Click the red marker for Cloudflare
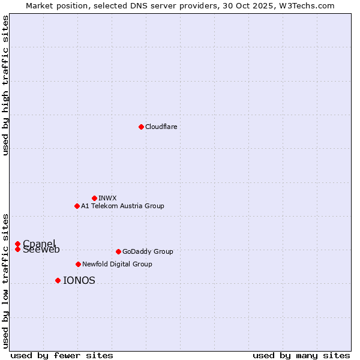(x=141, y=127)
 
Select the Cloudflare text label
(x=161, y=127)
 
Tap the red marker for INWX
(x=94, y=198)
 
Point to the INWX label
(x=107, y=198)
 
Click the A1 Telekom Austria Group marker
(x=77, y=206)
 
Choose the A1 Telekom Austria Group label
(x=122, y=206)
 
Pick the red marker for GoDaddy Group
(x=118, y=251)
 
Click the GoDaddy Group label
(x=148, y=251)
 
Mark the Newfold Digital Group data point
(x=78, y=264)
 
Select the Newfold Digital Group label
(x=117, y=264)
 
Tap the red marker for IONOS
(x=58, y=280)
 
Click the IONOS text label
(x=79, y=280)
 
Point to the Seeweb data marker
(x=18, y=249)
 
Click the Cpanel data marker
(x=18, y=244)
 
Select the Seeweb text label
(x=41, y=250)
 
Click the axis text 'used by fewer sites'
(x=62, y=355)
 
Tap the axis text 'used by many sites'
(x=301, y=355)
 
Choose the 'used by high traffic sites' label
(x=6, y=85)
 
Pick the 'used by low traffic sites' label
(x=6, y=281)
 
